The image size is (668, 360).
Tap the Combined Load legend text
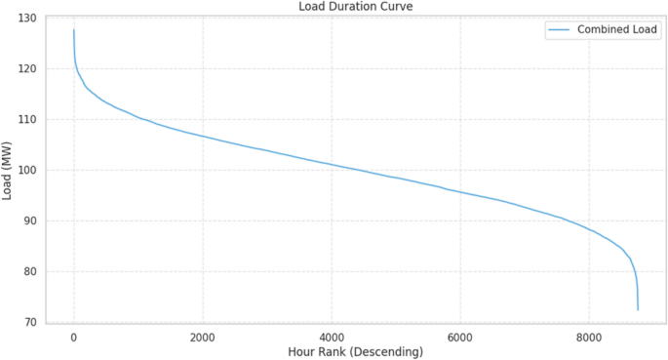click(615, 30)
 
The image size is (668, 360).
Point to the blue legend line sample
click(558, 30)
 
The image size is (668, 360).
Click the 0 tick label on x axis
click(73, 337)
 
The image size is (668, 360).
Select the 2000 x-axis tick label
click(202, 337)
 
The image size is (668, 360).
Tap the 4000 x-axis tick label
click(332, 337)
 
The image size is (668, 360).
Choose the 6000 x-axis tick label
click(460, 337)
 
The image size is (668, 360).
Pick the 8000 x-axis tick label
click(589, 337)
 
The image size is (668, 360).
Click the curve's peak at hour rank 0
click(73, 30)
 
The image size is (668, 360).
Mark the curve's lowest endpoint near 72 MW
click(638, 310)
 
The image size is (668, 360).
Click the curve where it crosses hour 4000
click(332, 164)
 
